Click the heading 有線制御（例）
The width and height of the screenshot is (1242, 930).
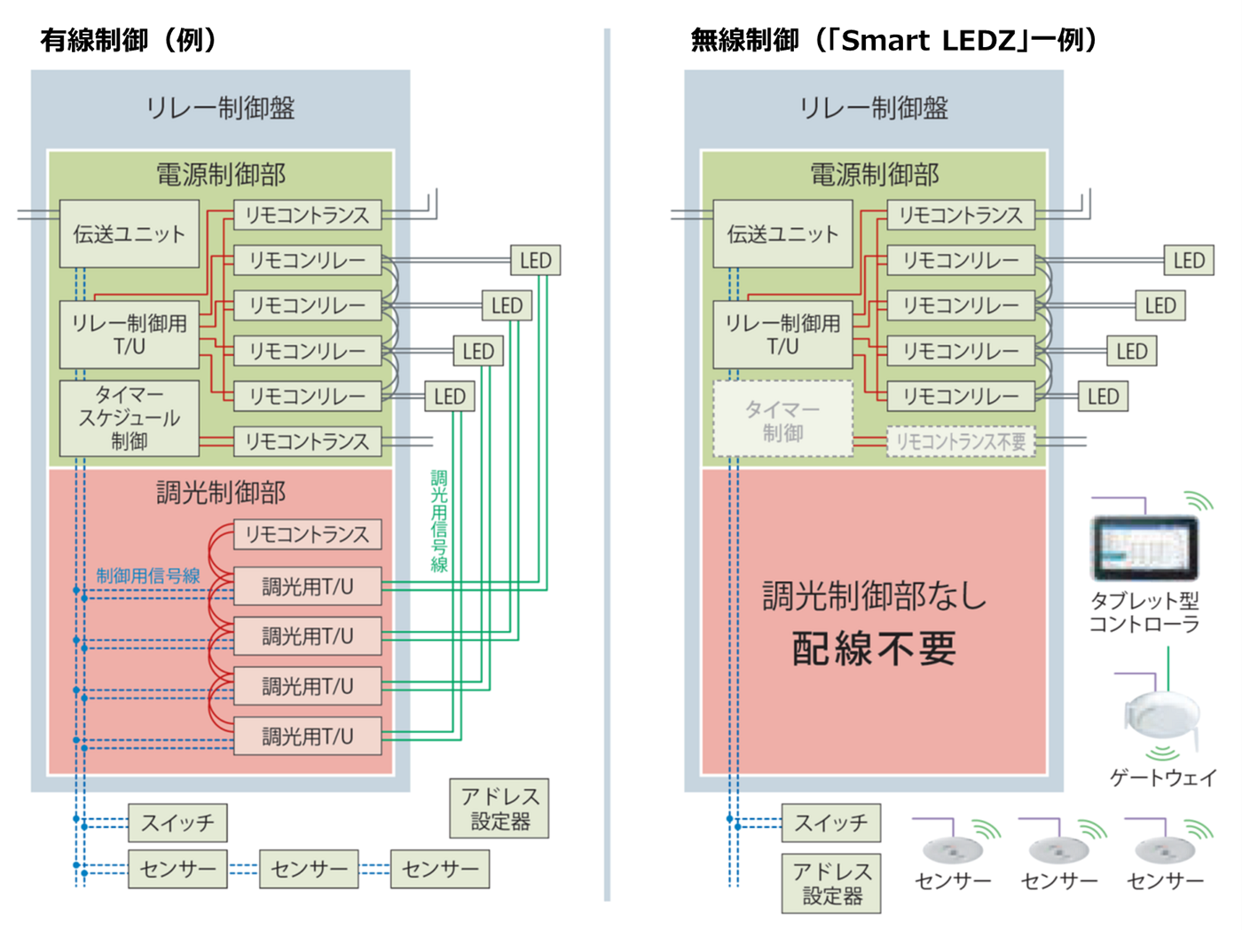[x=130, y=40]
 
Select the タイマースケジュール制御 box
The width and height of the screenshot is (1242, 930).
[x=130, y=418]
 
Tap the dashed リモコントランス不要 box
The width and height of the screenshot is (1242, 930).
[x=961, y=442]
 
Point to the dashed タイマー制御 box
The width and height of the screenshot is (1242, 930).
[x=782, y=420]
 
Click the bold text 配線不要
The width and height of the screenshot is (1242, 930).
[x=874, y=649]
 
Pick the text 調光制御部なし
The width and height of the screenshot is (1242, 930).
[x=874, y=596]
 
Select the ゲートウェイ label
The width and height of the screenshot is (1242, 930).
[x=1162, y=778]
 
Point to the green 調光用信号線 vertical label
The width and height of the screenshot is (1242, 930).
[x=439, y=521]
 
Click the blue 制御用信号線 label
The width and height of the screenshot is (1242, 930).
[x=148, y=575]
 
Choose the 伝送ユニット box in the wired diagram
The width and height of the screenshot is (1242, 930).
[x=130, y=234]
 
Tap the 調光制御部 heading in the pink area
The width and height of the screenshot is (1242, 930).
[x=221, y=493]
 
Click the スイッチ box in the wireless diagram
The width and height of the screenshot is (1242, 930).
[x=830, y=824]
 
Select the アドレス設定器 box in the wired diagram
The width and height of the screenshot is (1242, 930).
[x=499, y=808]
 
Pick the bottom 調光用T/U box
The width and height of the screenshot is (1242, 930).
[x=307, y=737]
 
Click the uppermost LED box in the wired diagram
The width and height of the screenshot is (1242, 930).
[x=535, y=261]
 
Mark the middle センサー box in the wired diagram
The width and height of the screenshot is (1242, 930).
[x=309, y=870]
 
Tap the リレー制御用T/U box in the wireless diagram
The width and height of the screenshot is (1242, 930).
[x=782, y=335]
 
